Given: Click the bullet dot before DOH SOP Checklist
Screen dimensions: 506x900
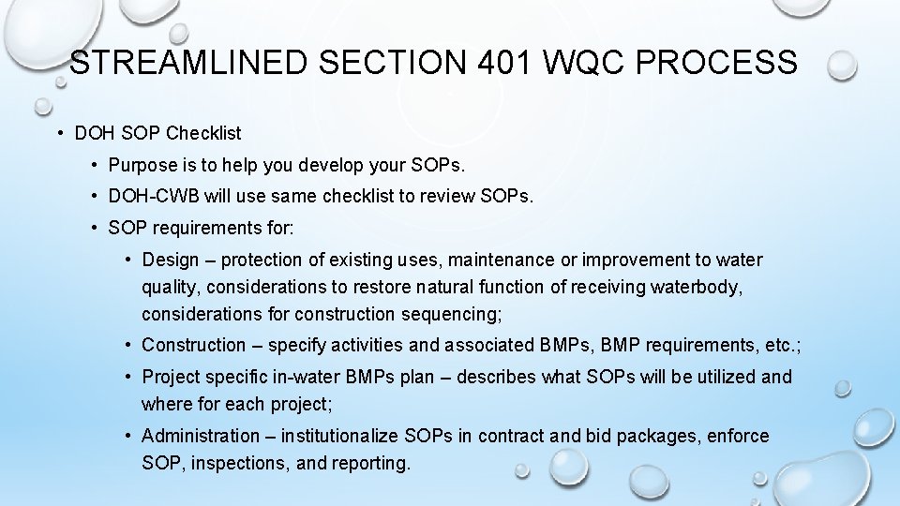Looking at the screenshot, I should click(59, 133).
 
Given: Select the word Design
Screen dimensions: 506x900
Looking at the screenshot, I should click(171, 260).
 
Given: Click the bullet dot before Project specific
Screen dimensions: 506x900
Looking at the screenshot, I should click(127, 377).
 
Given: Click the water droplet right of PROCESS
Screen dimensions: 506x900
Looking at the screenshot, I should click(842, 65).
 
